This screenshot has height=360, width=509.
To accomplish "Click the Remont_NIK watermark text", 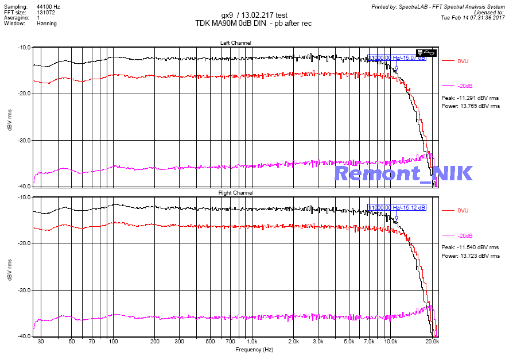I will [403, 173].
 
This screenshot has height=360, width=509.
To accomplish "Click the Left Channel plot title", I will [235, 43].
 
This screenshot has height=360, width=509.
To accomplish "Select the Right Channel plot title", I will [235, 193].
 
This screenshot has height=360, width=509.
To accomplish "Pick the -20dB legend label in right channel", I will [465, 235].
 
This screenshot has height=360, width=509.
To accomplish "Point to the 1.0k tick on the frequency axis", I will [252, 342].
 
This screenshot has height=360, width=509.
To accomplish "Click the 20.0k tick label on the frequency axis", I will [432, 342].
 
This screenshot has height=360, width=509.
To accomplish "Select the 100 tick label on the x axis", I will [114, 342].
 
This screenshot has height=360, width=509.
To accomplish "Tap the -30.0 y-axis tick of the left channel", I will [24, 140].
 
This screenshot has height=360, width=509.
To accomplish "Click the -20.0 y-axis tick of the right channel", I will [24, 243].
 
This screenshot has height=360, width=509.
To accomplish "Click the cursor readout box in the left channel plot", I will [397, 58].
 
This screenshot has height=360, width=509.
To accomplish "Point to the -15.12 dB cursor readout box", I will [397, 207].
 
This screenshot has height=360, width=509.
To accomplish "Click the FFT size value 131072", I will [46, 12].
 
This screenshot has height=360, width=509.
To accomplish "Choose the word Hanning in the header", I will [47, 24].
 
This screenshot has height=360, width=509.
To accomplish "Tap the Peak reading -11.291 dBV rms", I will [470, 98].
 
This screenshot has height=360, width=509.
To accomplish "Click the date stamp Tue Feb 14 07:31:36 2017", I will [472, 18].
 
